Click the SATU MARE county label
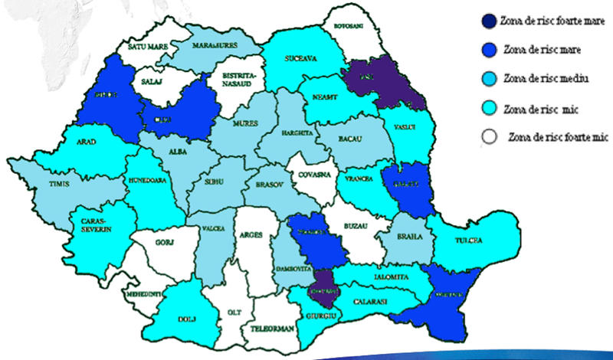[148, 47]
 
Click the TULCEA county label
[470, 240]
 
